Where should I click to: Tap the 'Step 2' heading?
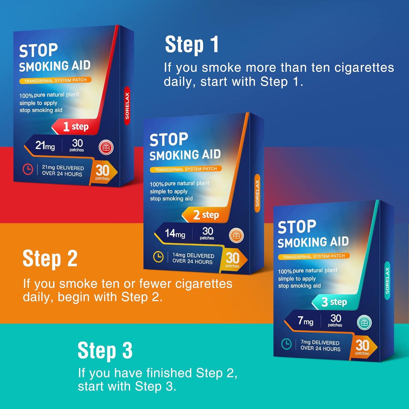pyautogui.click(x=50, y=259)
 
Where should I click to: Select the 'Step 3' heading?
pyautogui.click(x=105, y=351)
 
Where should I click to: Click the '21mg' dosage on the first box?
pyautogui.click(x=45, y=145)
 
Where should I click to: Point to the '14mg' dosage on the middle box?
pyautogui.click(x=175, y=233)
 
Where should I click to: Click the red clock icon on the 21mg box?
pyautogui.click(x=28, y=169)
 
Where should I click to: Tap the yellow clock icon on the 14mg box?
pyautogui.click(x=158, y=257)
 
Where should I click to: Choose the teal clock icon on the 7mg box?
pyautogui.click(x=287, y=344)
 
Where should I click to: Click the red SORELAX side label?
pyautogui.click(x=127, y=106)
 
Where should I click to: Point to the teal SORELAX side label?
pyautogui.click(x=387, y=281)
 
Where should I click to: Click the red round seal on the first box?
pyautogui.click(x=106, y=148)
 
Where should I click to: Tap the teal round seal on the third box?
pyautogui.click(x=364, y=323)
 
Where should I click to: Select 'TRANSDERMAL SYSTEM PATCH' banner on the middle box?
pyautogui.click(x=186, y=169)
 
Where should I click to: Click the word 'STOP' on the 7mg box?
pyautogui.click(x=297, y=227)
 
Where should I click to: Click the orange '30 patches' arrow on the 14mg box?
pyautogui.click(x=234, y=260)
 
